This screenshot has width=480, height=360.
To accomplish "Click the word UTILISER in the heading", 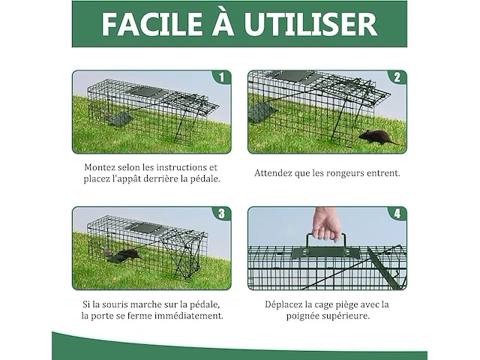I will [x=315, y=24].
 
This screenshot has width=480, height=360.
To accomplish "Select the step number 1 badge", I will [x=220, y=77].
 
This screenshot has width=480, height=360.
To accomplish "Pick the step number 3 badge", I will [x=220, y=214].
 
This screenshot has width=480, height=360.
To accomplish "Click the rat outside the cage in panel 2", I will [x=376, y=136].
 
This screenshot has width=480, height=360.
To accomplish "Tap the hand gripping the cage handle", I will [x=326, y=223].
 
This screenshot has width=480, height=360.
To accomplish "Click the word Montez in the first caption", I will [x=100, y=167].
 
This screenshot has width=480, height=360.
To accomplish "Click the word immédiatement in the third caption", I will [x=187, y=316].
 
